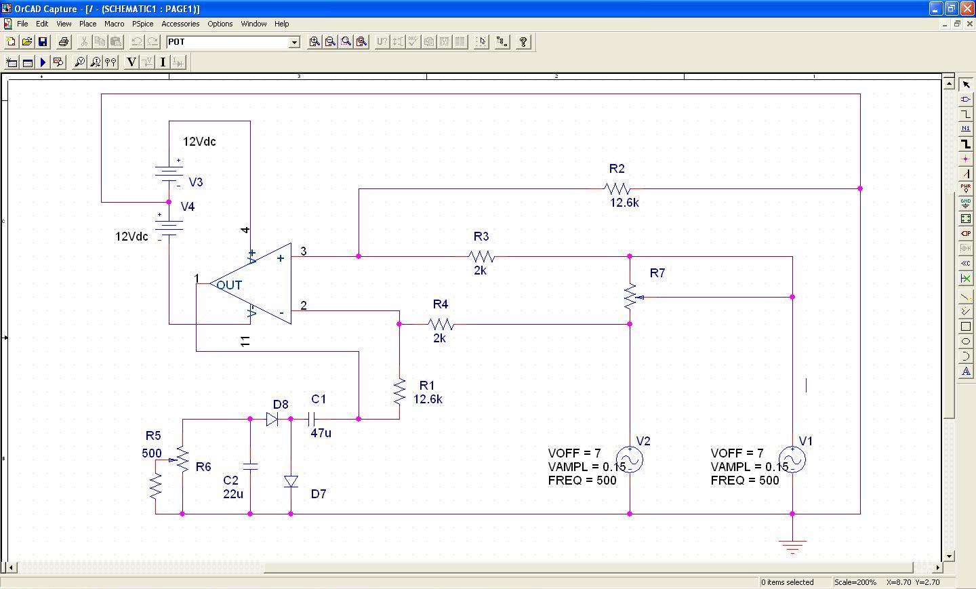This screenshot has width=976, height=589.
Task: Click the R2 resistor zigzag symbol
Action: pos(617,188)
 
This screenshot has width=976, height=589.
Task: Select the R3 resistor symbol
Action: pos(481,257)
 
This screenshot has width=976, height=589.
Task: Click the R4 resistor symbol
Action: pos(441,324)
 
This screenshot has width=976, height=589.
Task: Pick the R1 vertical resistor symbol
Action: pos(400,392)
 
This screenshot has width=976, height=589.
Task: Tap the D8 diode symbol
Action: pos(272,419)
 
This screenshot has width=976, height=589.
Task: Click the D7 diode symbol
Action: pos(291,481)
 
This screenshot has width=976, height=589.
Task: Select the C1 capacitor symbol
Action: pos(311,419)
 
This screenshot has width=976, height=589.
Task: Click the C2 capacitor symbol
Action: pos(250,466)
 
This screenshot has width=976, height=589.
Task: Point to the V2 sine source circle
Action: pos(630,460)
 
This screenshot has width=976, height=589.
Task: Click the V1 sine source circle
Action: pos(792,460)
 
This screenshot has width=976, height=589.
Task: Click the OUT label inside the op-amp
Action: pos(229,285)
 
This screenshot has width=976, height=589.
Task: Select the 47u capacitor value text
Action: pos(321,433)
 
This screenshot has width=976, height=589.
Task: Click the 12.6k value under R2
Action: pos(624,203)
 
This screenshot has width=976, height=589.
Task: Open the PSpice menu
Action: pos(143,24)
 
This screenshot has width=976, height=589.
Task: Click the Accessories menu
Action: pos(180,24)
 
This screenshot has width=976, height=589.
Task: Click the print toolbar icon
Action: pos(64,42)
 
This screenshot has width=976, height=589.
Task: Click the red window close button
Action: pos(967,8)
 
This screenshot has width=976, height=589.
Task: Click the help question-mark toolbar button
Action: pos(523,42)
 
